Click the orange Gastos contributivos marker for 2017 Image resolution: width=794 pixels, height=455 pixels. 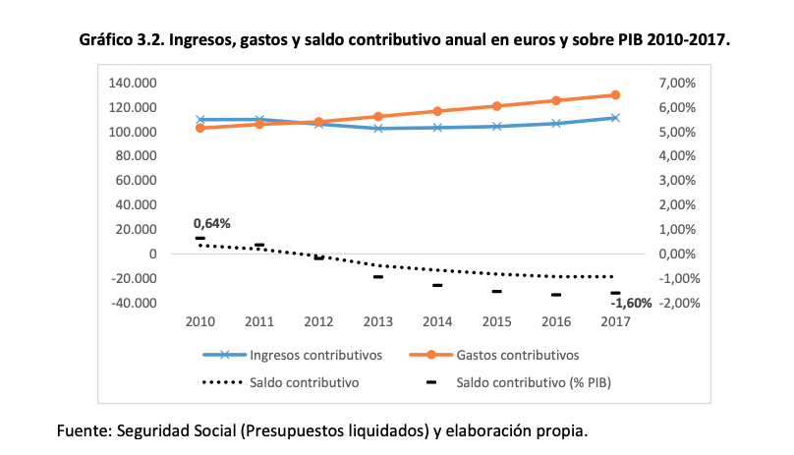click(615, 95)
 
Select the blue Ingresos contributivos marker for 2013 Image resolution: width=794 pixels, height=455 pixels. click(378, 128)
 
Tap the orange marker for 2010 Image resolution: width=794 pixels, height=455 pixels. click(200, 128)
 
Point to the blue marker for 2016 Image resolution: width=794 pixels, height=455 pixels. click(556, 124)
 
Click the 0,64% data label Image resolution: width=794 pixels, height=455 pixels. click(211, 223)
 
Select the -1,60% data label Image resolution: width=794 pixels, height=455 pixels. click(631, 304)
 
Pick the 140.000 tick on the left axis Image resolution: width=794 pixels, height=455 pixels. click(135, 84)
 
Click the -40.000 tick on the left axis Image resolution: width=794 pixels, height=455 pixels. click(135, 303)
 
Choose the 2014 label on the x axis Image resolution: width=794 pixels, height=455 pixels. click(437, 321)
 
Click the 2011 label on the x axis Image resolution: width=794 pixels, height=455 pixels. click(259, 321)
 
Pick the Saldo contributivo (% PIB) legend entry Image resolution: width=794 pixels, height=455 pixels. click(531, 380)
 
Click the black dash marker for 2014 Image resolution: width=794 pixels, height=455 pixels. click(437, 285)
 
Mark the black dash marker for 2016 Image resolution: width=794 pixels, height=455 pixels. click(556, 295)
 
